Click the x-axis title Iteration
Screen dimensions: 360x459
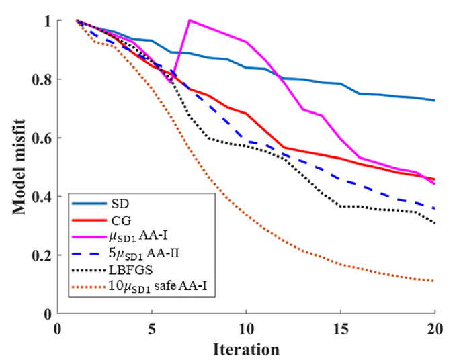(246, 349)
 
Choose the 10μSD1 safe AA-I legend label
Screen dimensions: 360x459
(162, 291)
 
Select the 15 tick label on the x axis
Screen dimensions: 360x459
(341, 330)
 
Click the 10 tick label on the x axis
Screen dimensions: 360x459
(246, 330)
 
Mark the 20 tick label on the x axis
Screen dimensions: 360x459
(435, 330)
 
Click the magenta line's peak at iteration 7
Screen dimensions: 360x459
(190, 20)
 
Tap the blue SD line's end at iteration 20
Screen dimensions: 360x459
(435, 101)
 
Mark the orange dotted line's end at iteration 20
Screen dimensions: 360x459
(435, 281)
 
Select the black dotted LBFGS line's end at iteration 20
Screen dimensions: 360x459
(435, 223)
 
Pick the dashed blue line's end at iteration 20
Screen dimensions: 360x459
(435, 208)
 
